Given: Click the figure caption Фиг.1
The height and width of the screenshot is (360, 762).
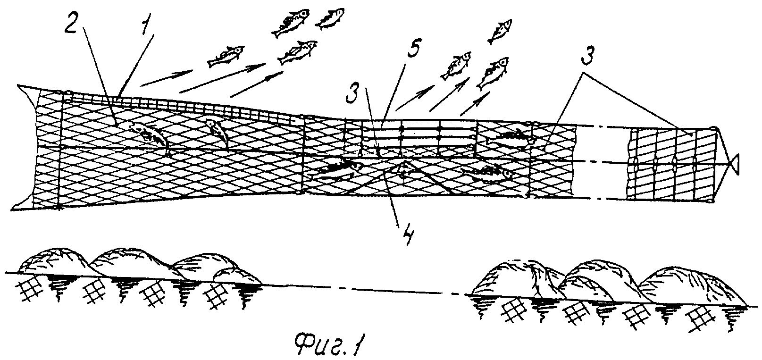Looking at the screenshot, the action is (328, 347).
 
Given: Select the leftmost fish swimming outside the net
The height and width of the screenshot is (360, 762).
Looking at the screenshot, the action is (226, 57).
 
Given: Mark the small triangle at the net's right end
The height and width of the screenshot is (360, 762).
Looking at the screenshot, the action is (734, 165).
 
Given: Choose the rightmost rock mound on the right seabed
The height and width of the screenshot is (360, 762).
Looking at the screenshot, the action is (694, 287).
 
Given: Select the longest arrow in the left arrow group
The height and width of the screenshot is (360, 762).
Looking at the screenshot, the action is (223, 77).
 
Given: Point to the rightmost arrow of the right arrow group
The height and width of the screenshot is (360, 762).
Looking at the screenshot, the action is (475, 103).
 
